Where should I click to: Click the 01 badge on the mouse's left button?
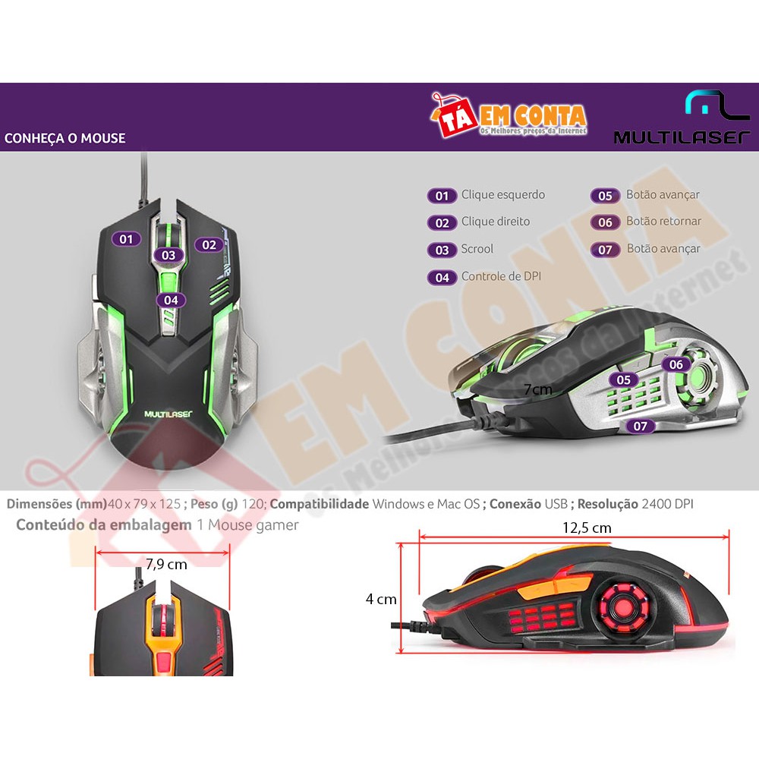point(126,239)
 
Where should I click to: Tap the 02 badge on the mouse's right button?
point(209,245)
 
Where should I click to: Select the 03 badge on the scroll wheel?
point(168,255)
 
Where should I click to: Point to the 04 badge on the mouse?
point(171,300)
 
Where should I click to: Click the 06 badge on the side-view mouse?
point(676,364)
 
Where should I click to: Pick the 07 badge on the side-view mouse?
point(640,426)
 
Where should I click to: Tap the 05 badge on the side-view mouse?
point(623,380)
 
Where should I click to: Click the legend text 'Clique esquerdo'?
point(503,194)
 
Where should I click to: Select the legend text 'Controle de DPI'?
point(501,276)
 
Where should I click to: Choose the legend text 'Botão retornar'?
point(663,221)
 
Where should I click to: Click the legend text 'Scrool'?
point(477,249)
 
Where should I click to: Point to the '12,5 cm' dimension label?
point(587,528)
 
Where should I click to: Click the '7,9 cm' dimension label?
point(166,564)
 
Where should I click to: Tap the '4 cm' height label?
point(381,600)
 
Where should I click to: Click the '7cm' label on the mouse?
point(538,389)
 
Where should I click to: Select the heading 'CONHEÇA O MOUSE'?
point(65,138)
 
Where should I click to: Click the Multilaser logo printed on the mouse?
point(168,414)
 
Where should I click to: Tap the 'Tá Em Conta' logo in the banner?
point(509,115)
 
